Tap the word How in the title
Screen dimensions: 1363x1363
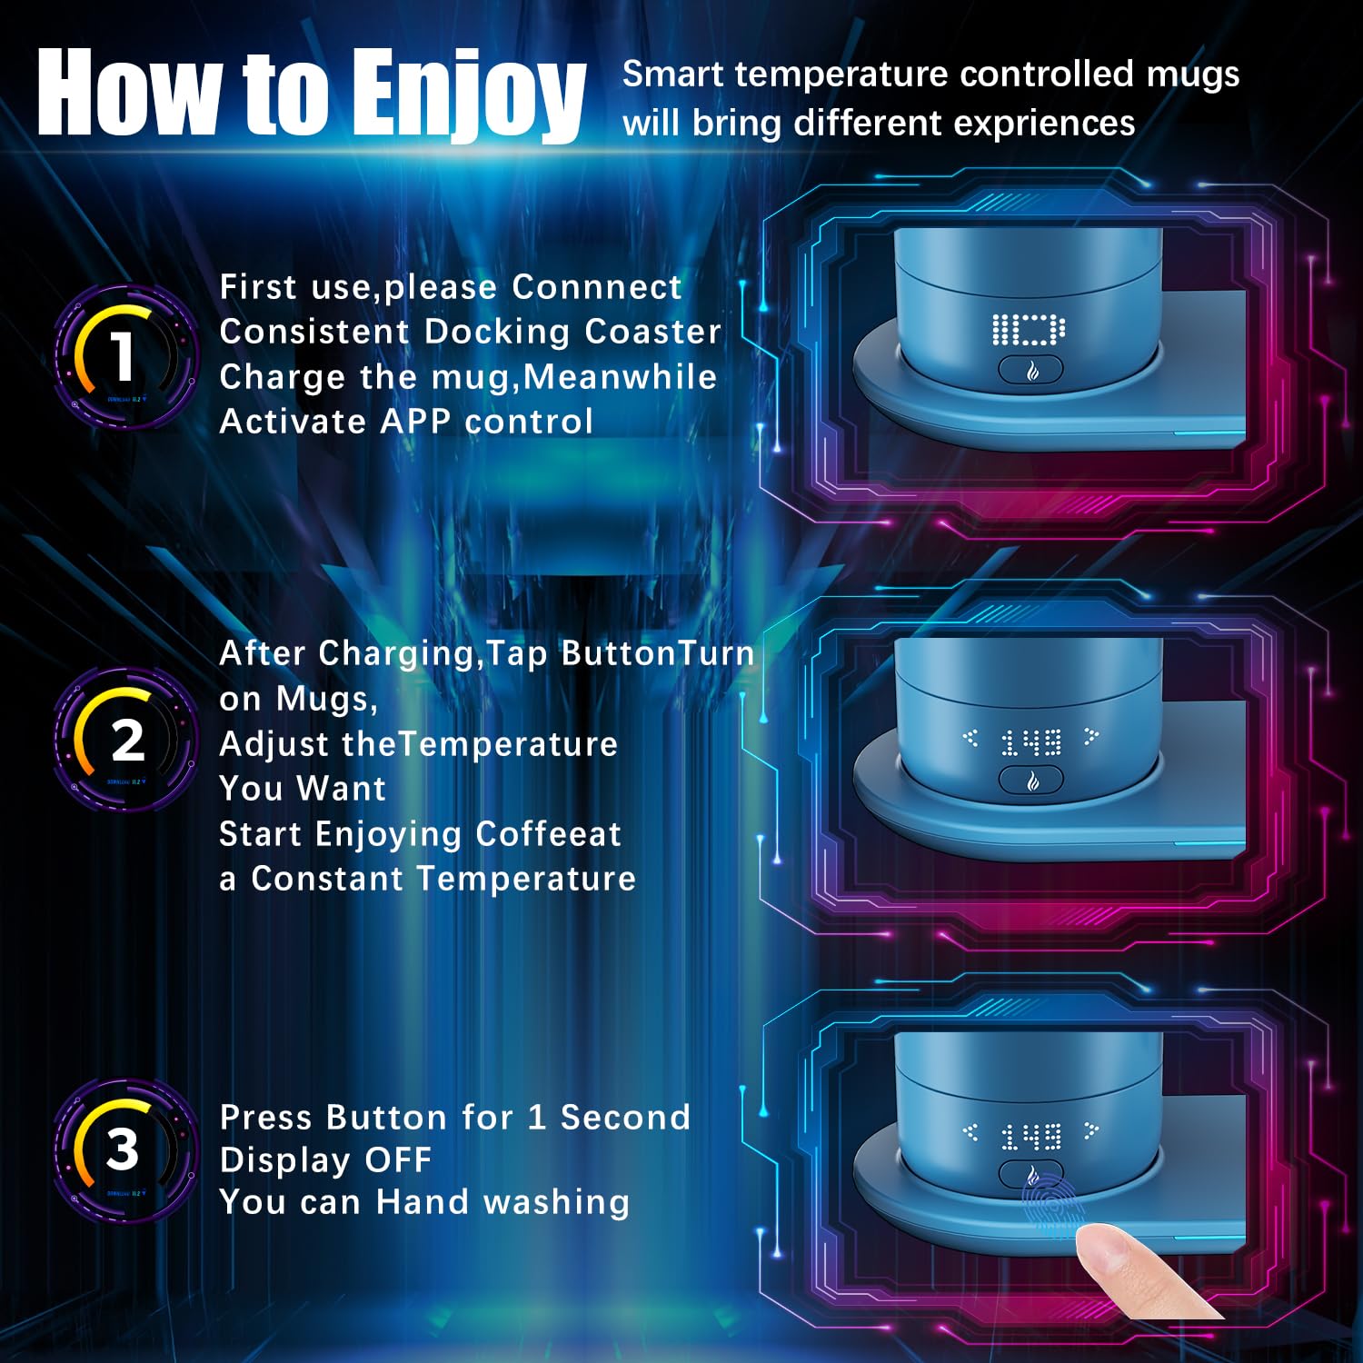(x=128, y=92)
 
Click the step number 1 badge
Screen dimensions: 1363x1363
(x=124, y=356)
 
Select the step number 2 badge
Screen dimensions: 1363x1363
(x=124, y=740)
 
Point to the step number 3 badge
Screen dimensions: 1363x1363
(x=124, y=1150)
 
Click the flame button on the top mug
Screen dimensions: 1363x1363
(x=1031, y=370)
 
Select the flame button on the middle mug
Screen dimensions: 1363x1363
(x=1031, y=780)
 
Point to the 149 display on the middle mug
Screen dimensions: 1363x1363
(x=1031, y=743)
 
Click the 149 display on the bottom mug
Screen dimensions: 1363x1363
(x=1031, y=1136)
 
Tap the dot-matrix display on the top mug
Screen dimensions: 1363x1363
(x=1029, y=330)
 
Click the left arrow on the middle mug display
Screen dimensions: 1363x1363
(x=970, y=738)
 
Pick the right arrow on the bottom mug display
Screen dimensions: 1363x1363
(x=1091, y=1130)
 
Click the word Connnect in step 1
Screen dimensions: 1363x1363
(x=596, y=287)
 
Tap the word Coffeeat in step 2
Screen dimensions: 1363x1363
(x=548, y=834)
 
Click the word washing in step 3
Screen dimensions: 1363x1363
(x=556, y=1203)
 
